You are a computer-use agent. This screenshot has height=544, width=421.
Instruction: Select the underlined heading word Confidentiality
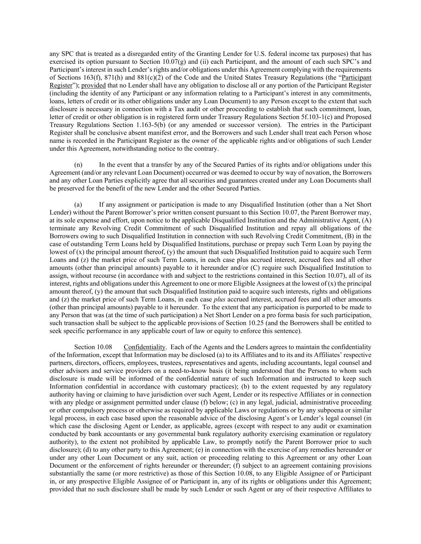(144, 347)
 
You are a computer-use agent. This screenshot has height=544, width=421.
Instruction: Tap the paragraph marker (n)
(78, 165)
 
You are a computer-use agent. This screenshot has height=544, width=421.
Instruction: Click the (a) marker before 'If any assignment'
(78, 204)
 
